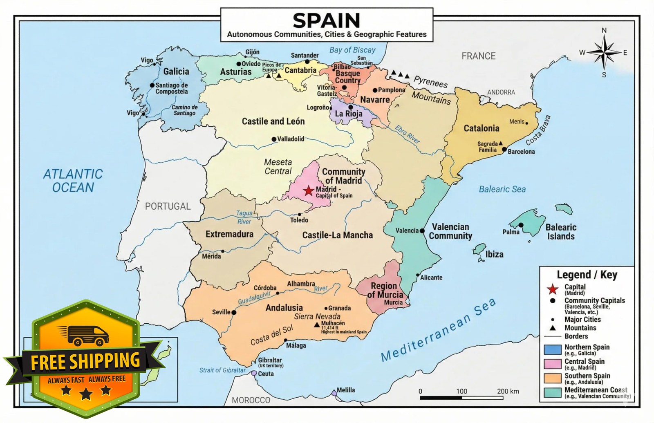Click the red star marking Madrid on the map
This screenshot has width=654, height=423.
(309, 190)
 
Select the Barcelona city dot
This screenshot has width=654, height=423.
(504, 149)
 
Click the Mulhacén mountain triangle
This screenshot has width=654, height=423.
(316, 325)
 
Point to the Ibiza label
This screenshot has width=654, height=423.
(494, 254)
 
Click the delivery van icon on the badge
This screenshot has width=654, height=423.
(83, 335)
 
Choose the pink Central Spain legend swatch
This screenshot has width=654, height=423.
(552, 364)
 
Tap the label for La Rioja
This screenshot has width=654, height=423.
(349, 114)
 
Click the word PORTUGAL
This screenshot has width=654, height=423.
(168, 206)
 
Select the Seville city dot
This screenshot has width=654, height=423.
(234, 312)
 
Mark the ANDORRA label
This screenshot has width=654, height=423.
(501, 92)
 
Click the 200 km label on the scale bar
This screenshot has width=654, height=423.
(508, 391)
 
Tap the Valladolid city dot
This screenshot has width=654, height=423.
(274, 139)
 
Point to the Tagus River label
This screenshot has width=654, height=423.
(244, 217)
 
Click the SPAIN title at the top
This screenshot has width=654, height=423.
(326, 20)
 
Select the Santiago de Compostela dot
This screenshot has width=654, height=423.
(152, 85)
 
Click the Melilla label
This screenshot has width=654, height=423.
(346, 390)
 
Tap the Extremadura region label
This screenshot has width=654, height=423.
(229, 234)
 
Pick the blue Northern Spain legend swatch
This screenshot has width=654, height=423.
(552, 350)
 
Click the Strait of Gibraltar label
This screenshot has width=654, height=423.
(222, 370)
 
